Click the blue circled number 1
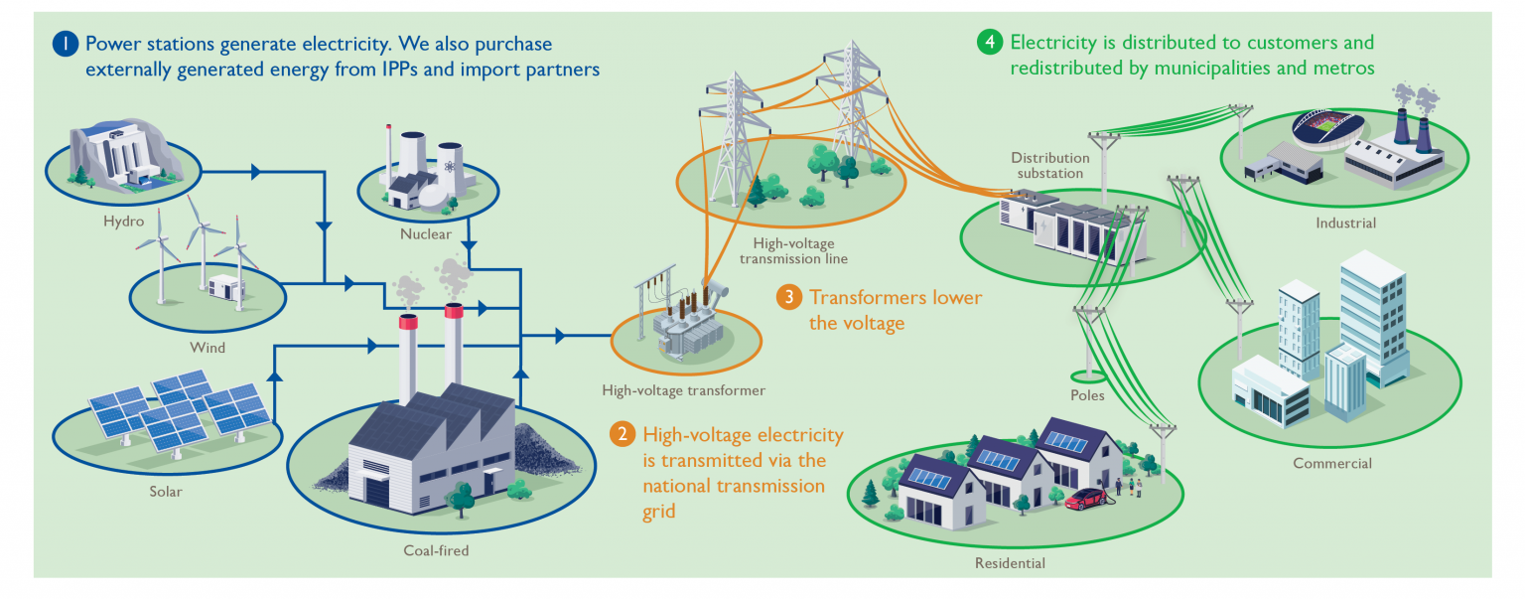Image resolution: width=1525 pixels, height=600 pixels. [x=65, y=44]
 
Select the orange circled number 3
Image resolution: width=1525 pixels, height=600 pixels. [x=787, y=297]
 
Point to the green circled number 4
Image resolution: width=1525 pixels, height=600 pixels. [x=989, y=42]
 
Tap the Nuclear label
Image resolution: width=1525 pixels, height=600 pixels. [x=425, y=234]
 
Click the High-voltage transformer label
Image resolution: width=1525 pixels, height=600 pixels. [x=684, y=390]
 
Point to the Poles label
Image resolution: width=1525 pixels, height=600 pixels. [x=1088, y=395]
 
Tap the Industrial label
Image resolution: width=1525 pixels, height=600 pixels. [x=1345, y=223]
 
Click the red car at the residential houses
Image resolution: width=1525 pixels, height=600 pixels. [x=1086, y=499]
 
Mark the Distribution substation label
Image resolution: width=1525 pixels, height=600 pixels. [x=1049, y=165]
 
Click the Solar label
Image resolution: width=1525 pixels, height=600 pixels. [x=166, y=491]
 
